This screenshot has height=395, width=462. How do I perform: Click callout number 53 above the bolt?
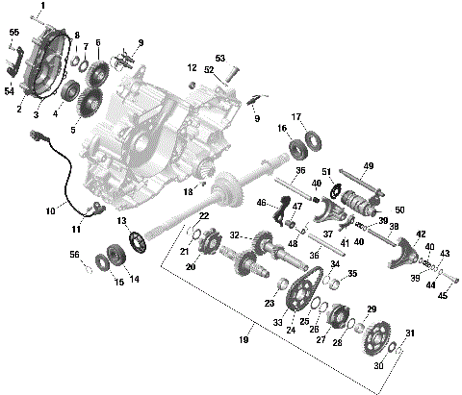pyautogui.click(x=219, y=59)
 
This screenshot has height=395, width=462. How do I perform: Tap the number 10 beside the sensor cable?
pyautogui.click(x=50, y=210)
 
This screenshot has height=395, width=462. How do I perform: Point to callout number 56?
pyautogui.click(x=73, y=256)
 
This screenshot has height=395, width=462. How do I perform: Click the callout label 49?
pyautogui.click(x=368, y=166)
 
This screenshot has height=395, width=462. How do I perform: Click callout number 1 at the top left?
pyautogui.click(x=41, y=6)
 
